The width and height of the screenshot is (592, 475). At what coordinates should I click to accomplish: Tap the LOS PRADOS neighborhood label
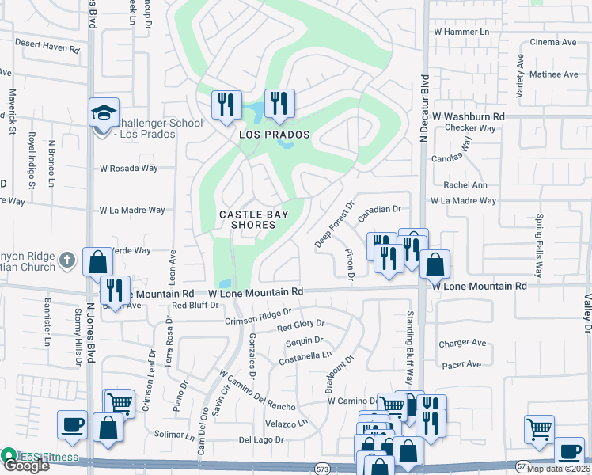click(x=274, y=135)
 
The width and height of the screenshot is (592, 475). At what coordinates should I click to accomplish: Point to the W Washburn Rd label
click(x=469, y=116)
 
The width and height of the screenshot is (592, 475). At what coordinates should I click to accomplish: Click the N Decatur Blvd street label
click(x=424, y=108)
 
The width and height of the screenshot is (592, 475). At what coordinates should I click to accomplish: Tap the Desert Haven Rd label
click(x=47, y=48)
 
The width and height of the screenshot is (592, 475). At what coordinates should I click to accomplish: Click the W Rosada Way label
click(x=128, y=169)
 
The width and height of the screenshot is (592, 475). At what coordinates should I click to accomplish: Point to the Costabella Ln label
click(x=305, y=357)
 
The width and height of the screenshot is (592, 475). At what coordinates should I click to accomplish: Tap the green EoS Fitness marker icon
click(x=9, y=456)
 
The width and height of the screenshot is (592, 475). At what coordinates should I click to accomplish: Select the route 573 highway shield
click(x=321, y=469)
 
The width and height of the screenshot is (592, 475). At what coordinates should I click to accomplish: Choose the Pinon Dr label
click(x=349, y=264)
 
